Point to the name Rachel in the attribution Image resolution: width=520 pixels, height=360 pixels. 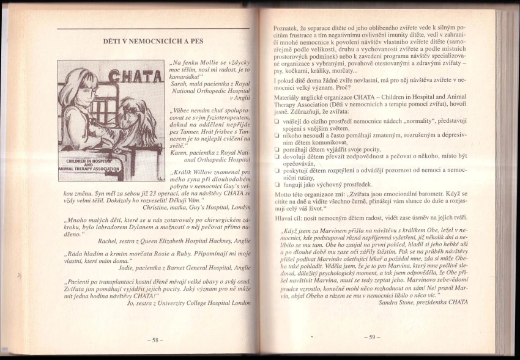pos(110,241)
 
